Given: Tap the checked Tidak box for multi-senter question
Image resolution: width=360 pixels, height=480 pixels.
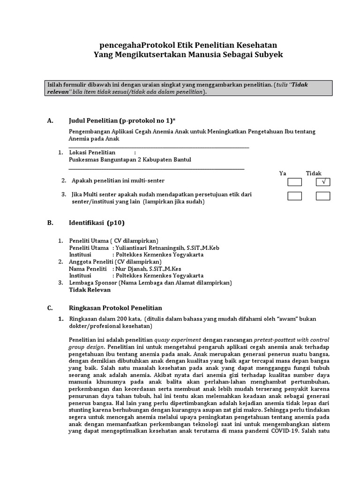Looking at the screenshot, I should point(323,181).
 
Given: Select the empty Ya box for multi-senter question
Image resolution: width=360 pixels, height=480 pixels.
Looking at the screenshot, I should point(294,181).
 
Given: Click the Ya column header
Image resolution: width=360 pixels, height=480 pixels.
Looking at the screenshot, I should point(283,173).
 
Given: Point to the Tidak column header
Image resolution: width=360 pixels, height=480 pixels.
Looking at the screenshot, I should point(314,173).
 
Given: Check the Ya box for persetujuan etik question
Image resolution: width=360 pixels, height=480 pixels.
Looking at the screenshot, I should point(294,196).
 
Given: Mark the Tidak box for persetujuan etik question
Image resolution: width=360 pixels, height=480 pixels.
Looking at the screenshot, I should point(323,196).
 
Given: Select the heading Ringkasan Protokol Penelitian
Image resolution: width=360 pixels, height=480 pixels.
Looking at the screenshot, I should point(115,308).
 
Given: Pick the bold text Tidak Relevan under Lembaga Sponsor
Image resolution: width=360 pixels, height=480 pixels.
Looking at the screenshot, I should point(90,290).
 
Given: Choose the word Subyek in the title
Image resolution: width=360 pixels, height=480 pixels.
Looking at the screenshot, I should point(267,55).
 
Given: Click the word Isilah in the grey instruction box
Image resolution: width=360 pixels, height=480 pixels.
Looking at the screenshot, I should point(55,84).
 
